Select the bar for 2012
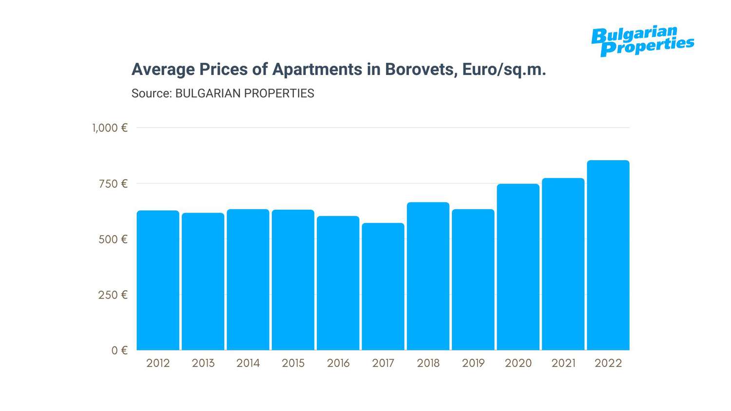(x=158, y=280)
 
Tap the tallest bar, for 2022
(x=608, y=255)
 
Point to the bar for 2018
(x=428, y=276)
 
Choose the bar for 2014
(x=248, y=280)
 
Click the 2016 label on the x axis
(x=338, y=363)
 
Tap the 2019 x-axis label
(x=473, y=363)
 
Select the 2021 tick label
(x=563, y=363)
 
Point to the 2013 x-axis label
(x=203, y=363)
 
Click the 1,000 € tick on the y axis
(x=110, y=128)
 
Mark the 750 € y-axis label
(x=113, y=184)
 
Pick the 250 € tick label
(x=113, y=295)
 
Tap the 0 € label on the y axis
(x=119, y=351)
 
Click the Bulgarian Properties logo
(x=642, y=41)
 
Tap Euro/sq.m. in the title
(x=504, y=70)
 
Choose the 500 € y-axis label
(x=113, y=240)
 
